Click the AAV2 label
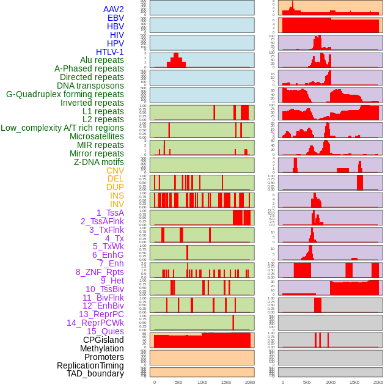pyautogui.click(x=113, y=9)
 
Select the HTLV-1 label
pyautogui.click(x=109, y=52)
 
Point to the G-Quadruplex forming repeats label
pyautogui.click(x=65, y=94)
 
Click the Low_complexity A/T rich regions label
pyautogui.click(x=62, y=128)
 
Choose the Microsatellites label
pyautogui.click(x=97, y=136)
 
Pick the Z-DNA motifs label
pyautogui.click(x=98, y=162)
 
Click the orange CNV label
pyautogui.click(x=115, y=170)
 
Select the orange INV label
pyautogui.click(x=117, y=204)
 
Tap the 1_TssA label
pyautogui.click(x=110, y=213)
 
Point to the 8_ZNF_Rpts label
pyautogui.click(x=100, y=272)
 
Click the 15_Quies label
pyautogui.click(x=105, y=331)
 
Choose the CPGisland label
pyautogui.click(x=103, y=340)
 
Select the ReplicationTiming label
pyautogui.click(x=90, y=365)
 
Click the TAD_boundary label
pyautogui.click(x=95, y=373)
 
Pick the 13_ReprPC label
pyautogui.click(x=101, y=314)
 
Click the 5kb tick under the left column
pyautogui.click(x=178, y=382)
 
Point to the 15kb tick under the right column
pyautogui.click(x=354, y=382)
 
